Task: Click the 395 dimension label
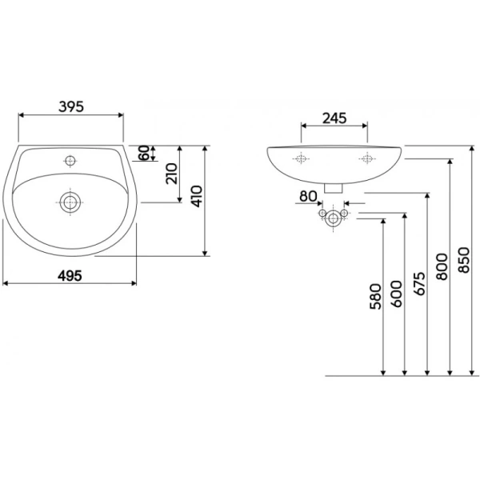[71, 106]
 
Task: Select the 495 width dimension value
[70, 276]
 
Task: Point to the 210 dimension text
[171, 174]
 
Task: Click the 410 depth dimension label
[197, 196]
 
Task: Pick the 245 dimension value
[334, 118]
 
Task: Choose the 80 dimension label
[308, 196]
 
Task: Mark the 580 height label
[376, 296]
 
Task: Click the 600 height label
[397, 294]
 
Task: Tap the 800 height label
[442, 266]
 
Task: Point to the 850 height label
[464, 260]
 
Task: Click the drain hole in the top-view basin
[70, 202]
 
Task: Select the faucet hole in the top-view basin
[70, 160]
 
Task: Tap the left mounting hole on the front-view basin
[301, 158]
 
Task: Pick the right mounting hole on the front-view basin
[367, 158]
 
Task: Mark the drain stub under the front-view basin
[333, 188]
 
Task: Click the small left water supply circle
[322, 213]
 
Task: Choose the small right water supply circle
[344, 213]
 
